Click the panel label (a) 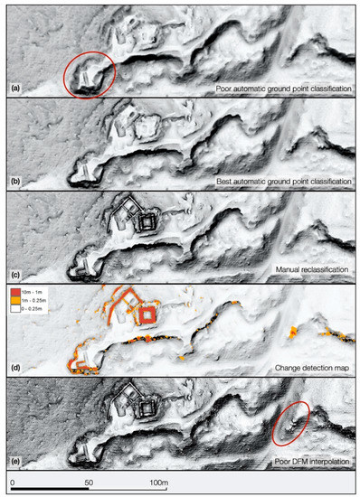pyautogui.click(x=15, y=89)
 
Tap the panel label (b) pyautogui.click(x=15, y=183)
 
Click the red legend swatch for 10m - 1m pyautogui.click(x=15, y=293)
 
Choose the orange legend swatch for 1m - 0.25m pyautogui.click(x=15, y=301)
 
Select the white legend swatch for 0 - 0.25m pyautogui.click(x=15, y=309)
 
